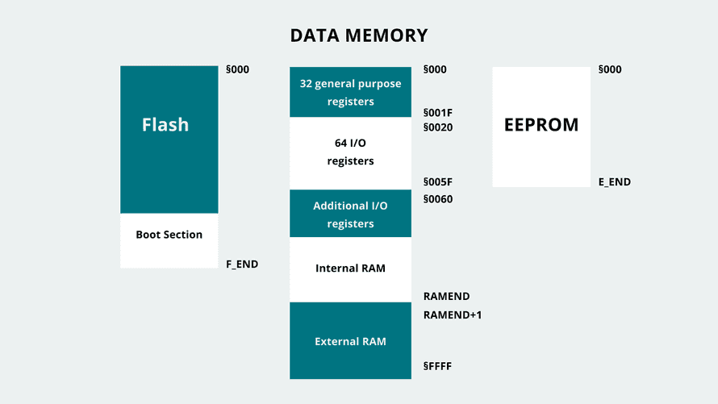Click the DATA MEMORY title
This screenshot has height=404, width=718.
358,35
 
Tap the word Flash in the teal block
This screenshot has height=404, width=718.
165,125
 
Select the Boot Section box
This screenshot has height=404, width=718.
169,235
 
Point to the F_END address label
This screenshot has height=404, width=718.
242,264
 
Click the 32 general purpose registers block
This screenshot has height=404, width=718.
350,93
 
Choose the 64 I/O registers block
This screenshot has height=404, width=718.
350,152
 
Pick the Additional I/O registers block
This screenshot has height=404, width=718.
350,214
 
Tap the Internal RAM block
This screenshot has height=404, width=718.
350,269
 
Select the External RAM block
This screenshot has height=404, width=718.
350,341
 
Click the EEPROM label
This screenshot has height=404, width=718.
541,125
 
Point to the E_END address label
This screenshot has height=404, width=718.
615,182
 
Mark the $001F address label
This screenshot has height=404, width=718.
438,113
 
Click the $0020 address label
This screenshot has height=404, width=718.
438,127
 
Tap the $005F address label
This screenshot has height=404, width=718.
438,182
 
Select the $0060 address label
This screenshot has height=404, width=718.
438,199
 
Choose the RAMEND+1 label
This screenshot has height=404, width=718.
453,314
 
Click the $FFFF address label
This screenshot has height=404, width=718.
437,366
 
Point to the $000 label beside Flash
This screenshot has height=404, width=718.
238,70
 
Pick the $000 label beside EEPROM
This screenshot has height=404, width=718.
610,70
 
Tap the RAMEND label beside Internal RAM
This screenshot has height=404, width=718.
446,297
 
